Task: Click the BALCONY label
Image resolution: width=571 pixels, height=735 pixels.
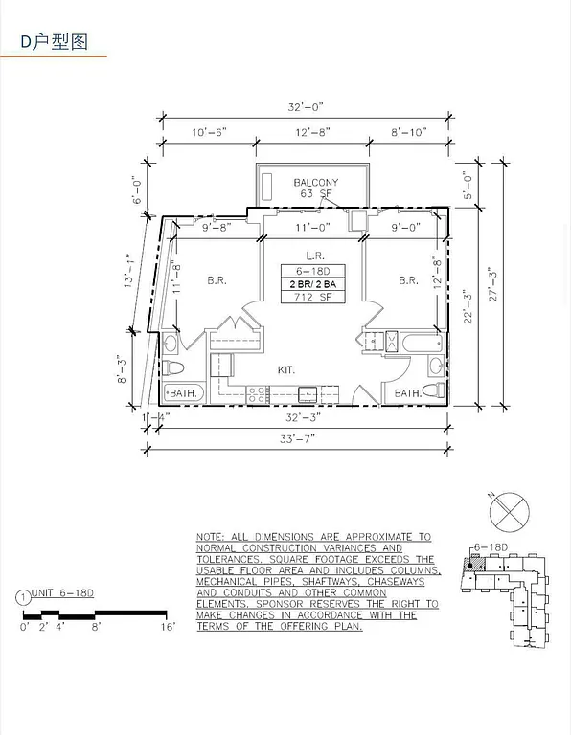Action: tap(312, 182)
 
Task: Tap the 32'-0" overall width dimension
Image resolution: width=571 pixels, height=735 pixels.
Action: tap(305, 109)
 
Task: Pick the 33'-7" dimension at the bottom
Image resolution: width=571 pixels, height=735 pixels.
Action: tap(297, 438)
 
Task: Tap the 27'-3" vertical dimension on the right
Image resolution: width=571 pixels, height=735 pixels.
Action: tap(491, 283)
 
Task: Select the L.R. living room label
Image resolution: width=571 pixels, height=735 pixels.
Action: tap(313, 256)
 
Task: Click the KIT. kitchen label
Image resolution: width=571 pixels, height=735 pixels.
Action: tap(286, 368)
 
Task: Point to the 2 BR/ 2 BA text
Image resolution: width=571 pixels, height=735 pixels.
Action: tap(313, 284)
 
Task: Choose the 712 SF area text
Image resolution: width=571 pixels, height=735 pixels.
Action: tap(313, 298)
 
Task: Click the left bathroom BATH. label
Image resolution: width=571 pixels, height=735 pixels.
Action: tap(183, 392)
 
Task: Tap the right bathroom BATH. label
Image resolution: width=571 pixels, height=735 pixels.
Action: tap(407, 392)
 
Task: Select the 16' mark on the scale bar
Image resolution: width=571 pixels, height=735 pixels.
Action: tap(169, 628)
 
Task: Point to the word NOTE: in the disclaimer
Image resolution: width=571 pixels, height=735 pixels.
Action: tap(210, 538)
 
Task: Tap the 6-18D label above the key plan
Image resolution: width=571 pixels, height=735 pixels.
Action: tap(490, 547)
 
